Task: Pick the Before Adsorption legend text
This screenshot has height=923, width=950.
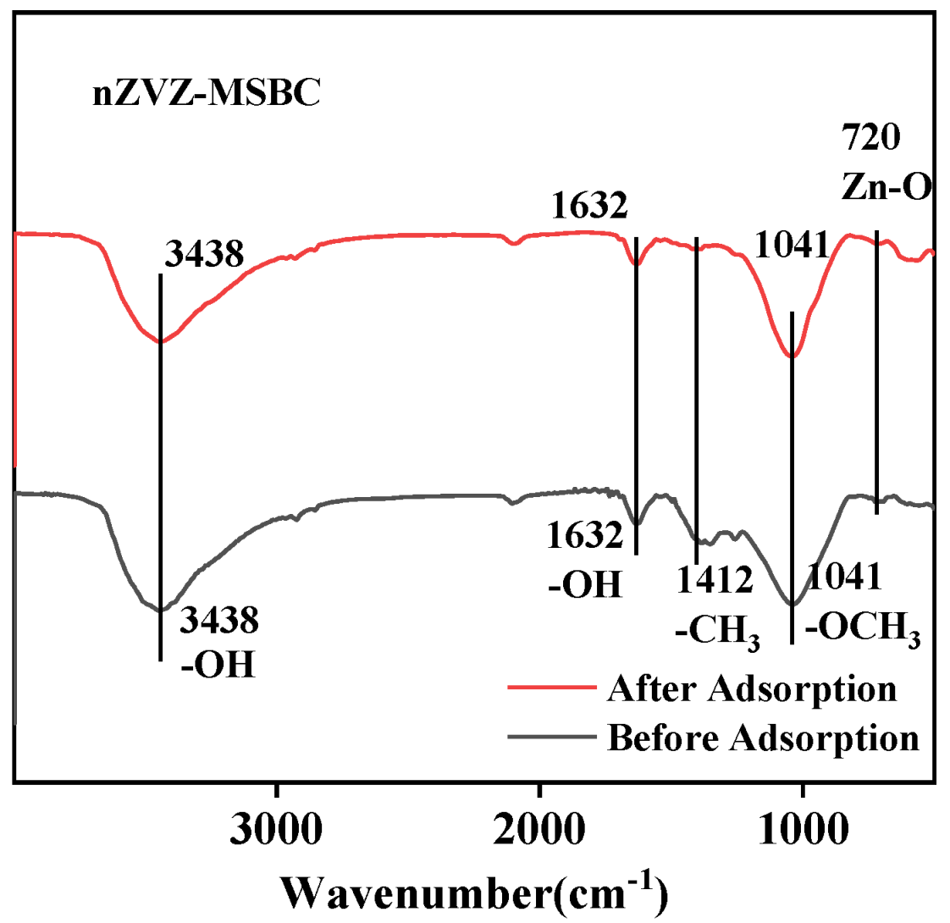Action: (x=763, y=736)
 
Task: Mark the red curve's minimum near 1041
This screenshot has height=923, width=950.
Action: (x=792, y=356)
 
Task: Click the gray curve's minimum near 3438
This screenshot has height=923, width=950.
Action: (x=159, y=609)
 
